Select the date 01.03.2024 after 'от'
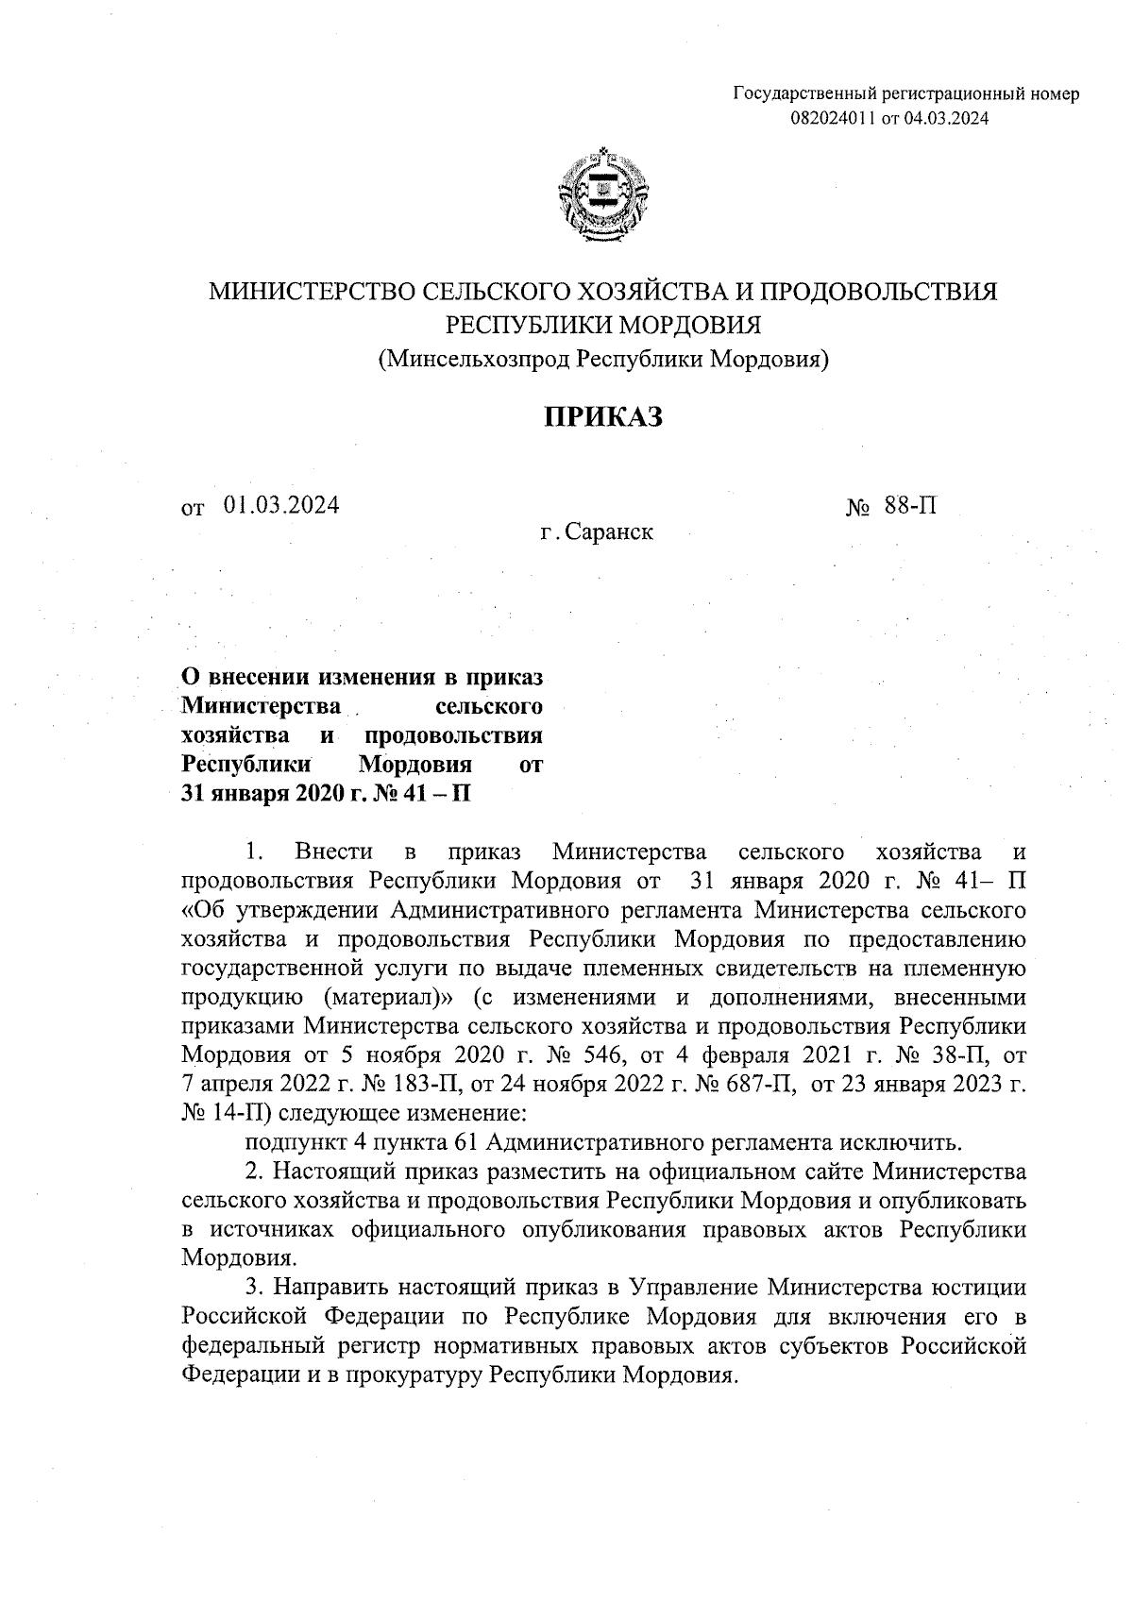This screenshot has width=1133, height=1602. (x=281, y=505)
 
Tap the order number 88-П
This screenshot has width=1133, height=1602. (x=911, y=506)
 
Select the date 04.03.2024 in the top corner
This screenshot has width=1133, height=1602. (x=947, y=117)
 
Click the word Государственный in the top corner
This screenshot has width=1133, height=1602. (x=805, y=94)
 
